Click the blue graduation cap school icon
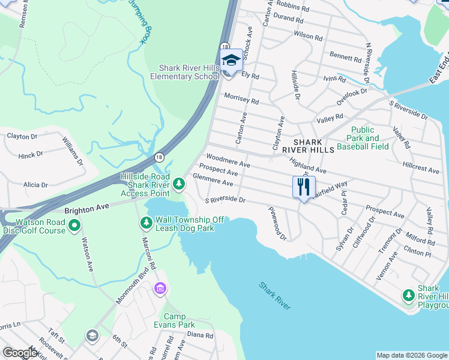point(231,60)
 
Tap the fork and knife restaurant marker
point(304,187)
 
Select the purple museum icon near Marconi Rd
point(160,290)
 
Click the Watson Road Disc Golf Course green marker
point(74,226)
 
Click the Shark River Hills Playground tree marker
point(409,295)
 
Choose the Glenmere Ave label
point(213,179)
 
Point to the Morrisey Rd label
point(241,98)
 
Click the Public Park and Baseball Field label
point(363,138)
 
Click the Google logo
point(20,353)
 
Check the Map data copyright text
point(412,355)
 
